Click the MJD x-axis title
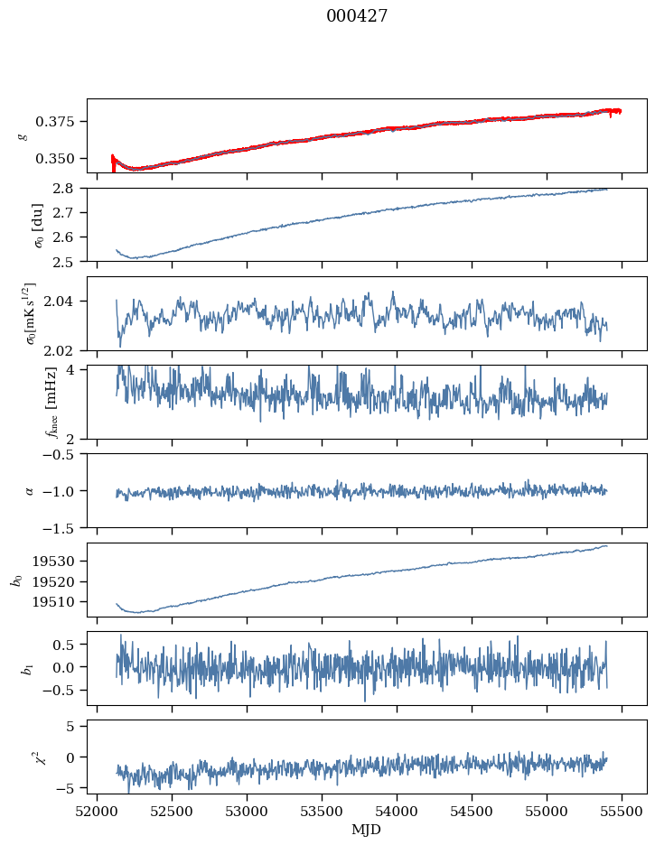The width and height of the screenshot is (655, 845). pos(367,830)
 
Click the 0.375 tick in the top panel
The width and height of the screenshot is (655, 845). pos(63,121)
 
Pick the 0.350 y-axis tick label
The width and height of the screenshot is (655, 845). pos(63,158)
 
